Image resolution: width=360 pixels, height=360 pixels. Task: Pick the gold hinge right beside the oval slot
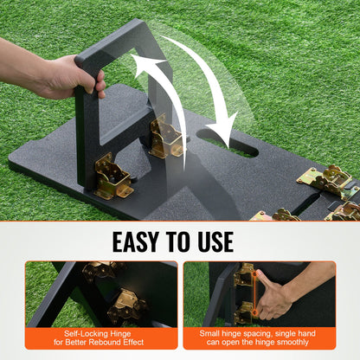click(x=165, y=138)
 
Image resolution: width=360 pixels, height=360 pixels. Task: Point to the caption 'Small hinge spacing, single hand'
click(x=259, y=332)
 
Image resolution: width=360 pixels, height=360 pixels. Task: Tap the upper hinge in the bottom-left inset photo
click(x=102, y=271)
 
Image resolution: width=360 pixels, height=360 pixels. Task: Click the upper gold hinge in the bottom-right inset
click(x=245, y=278)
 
